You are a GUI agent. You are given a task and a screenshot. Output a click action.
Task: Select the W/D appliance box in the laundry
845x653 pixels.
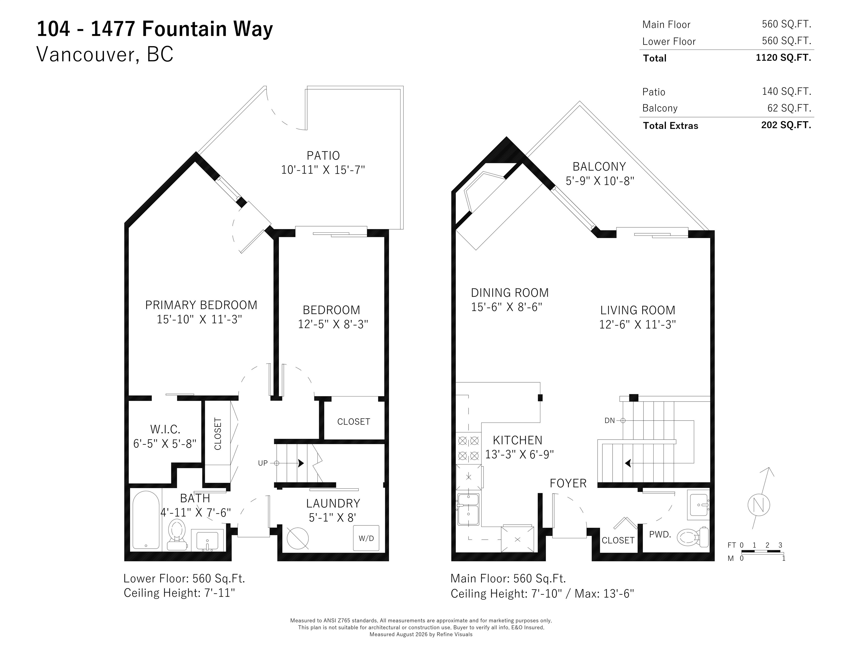pos(366,538)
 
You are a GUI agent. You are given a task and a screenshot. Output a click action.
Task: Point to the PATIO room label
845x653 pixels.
pos(323,156)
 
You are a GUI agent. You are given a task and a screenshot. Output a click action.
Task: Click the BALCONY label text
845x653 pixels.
pos(599,166)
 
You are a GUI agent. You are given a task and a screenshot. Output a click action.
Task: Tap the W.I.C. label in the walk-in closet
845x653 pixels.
pos(165,429)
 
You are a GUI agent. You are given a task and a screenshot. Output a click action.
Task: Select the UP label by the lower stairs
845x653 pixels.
pos(263,463)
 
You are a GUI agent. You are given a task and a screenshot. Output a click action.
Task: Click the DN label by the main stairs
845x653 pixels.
pos(609,421)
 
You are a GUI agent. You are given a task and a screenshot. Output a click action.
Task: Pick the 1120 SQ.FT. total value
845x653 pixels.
pos(783,58)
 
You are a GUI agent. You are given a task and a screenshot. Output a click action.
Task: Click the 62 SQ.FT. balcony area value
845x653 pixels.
pos(789,108)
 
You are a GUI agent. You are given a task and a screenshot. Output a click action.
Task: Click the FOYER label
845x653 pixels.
pos(568,483)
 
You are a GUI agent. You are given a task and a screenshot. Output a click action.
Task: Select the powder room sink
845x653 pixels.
pos(698,504)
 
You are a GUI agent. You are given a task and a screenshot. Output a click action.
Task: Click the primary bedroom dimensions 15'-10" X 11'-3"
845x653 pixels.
pos(199,319)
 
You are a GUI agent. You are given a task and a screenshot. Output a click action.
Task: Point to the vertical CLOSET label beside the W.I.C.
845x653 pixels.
pos(218,434)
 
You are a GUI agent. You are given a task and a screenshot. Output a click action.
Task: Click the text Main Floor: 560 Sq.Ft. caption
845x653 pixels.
pos(508,578)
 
